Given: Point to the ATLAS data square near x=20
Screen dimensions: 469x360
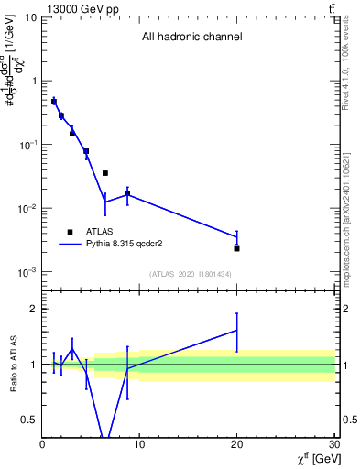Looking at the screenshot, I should tap(237, 248).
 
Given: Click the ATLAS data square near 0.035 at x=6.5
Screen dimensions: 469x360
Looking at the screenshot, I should tap(105, 173).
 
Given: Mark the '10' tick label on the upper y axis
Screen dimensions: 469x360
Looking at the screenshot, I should tap(30, 17).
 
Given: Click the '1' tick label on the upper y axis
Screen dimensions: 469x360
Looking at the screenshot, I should tap(33, 81).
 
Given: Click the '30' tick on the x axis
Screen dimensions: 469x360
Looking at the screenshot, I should tap(333, 443).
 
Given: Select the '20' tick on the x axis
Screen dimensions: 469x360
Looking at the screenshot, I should tap(237, 443).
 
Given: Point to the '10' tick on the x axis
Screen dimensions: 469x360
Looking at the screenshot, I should tap(139, 443).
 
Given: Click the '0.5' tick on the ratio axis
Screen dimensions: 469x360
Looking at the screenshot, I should tap(28, 420).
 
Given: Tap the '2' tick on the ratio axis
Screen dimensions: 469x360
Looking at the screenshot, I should tap(33, 310).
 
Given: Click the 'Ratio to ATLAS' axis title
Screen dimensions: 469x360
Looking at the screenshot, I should tap(13, 365).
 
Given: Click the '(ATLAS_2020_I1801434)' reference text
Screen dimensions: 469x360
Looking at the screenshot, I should tap(191, 274).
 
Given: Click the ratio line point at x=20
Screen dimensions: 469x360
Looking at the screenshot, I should tap(237, 331).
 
